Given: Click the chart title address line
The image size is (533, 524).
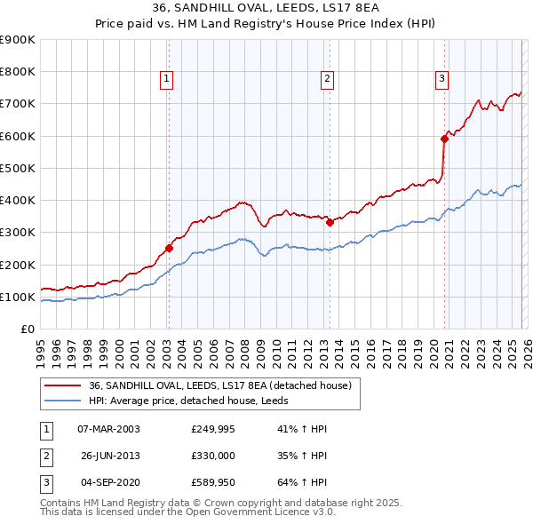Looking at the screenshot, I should [x=266, y=10].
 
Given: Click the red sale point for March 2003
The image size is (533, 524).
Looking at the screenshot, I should [x=169, y=249].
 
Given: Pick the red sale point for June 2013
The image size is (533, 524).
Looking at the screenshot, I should [x=330, y=223].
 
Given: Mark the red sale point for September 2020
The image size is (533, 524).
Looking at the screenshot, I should [x=444, y=139].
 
